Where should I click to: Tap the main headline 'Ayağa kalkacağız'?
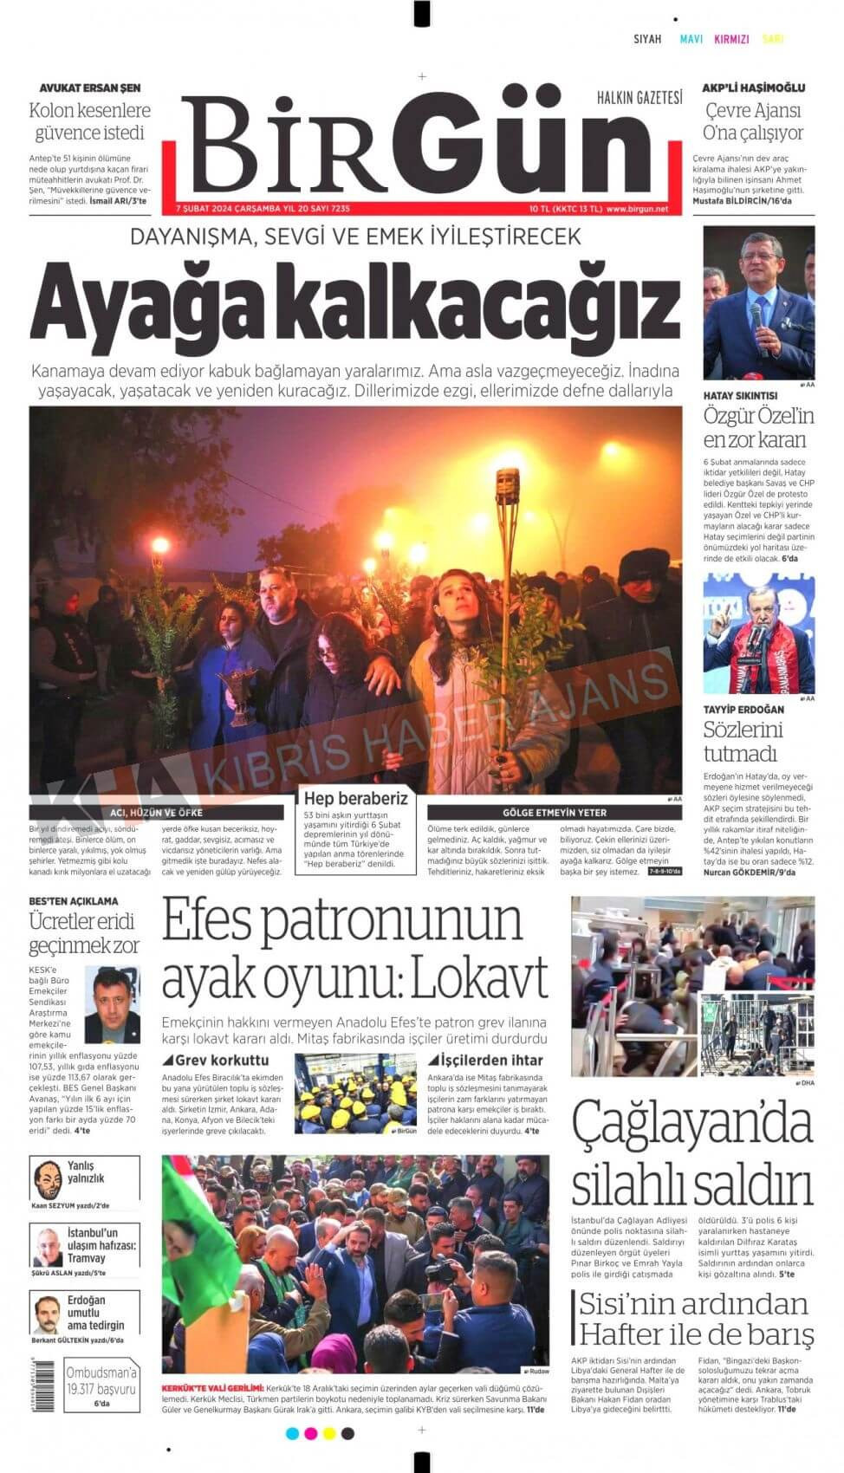pyautogui.click(x=355, y=304)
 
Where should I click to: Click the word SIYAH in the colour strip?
pyautogui.click(x=647, y=39)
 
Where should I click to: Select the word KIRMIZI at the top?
pyautogui.click(x=731, y=39)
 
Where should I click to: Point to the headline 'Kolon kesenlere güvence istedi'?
pyautogui.click(x=89, y=121)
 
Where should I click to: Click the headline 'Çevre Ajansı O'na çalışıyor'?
pyautogui.click(x=753, y=121)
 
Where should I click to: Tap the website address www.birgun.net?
pyautogui.click(x=637, y=209)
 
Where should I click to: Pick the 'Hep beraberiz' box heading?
pyautogui.click(x=355, y=798)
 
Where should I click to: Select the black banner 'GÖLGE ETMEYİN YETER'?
pyautogui.click(x=555, y=813)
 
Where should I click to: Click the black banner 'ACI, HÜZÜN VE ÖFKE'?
pyautogui.click(x=157, y=813)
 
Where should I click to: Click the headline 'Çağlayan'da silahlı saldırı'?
pyautogui.click(x=691, y=1153)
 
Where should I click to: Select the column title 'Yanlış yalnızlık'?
pyautogui.click(x=86, y=1171)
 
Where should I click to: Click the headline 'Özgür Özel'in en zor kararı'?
pyautogui.click(x=758, y=427)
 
